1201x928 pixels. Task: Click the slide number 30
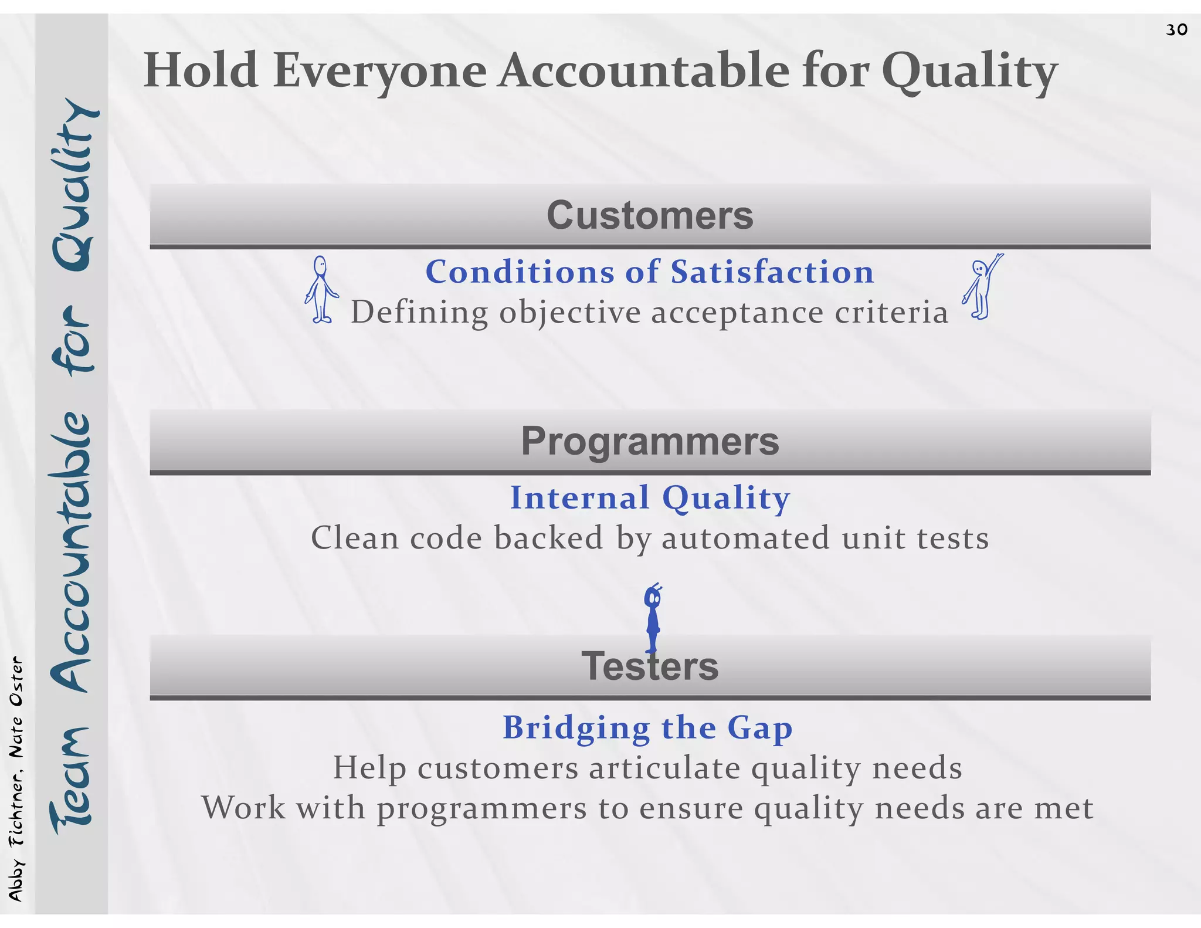1176,29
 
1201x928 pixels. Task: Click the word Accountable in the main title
644,71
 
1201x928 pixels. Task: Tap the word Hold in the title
201,71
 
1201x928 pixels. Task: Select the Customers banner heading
650,215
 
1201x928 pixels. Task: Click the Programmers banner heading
650,441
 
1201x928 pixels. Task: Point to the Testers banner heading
650,667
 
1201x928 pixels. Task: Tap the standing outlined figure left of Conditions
321,289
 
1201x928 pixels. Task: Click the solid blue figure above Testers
652,618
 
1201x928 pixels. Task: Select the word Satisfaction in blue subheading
772,272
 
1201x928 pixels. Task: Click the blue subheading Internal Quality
650,498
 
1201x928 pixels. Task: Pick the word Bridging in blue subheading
576,728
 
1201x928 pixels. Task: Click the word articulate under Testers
664,768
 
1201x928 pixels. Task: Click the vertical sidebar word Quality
73,185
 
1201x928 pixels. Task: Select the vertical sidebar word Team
72,780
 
